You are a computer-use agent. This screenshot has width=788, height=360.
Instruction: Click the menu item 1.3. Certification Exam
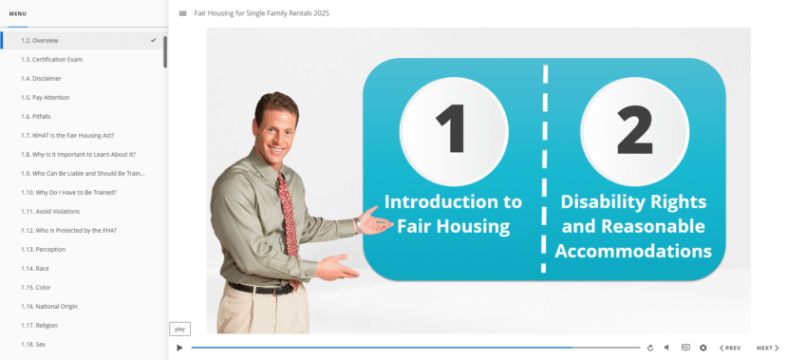[51, 59]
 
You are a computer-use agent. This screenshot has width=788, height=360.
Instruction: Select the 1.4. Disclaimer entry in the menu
[42, 78]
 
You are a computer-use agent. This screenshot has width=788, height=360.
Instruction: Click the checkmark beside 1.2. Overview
[154, 40]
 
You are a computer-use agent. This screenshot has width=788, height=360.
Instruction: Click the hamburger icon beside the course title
[182, 13]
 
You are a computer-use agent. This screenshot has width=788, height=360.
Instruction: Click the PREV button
[729, 348]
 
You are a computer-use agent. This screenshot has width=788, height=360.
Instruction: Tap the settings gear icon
[704, 348]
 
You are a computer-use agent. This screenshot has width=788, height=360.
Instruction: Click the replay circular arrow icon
[650, 348]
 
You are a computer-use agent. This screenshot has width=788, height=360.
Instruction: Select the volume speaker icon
[666, 348]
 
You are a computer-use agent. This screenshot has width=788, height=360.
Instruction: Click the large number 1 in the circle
[453, 130]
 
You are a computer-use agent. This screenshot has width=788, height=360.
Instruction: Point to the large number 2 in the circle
[633, 130]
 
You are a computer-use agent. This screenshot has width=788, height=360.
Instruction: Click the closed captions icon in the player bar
[685, 348]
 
